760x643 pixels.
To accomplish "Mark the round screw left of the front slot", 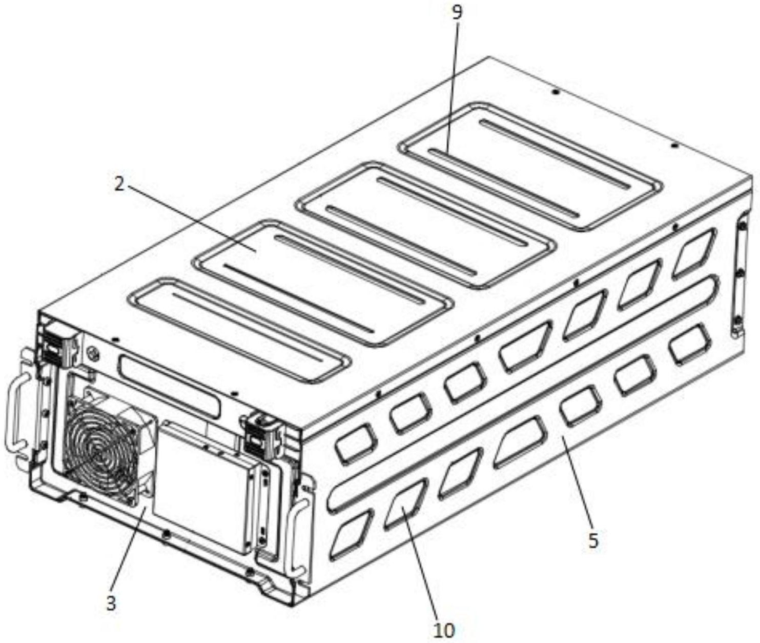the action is click(92, 353).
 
